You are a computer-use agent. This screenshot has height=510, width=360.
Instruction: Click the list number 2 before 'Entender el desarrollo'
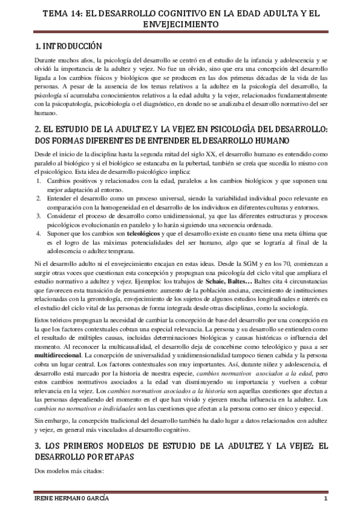pos(40,197)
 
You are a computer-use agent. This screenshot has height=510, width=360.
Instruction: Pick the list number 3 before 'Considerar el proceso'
pos(40,215)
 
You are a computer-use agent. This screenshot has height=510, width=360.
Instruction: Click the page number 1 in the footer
pos(325,500)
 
